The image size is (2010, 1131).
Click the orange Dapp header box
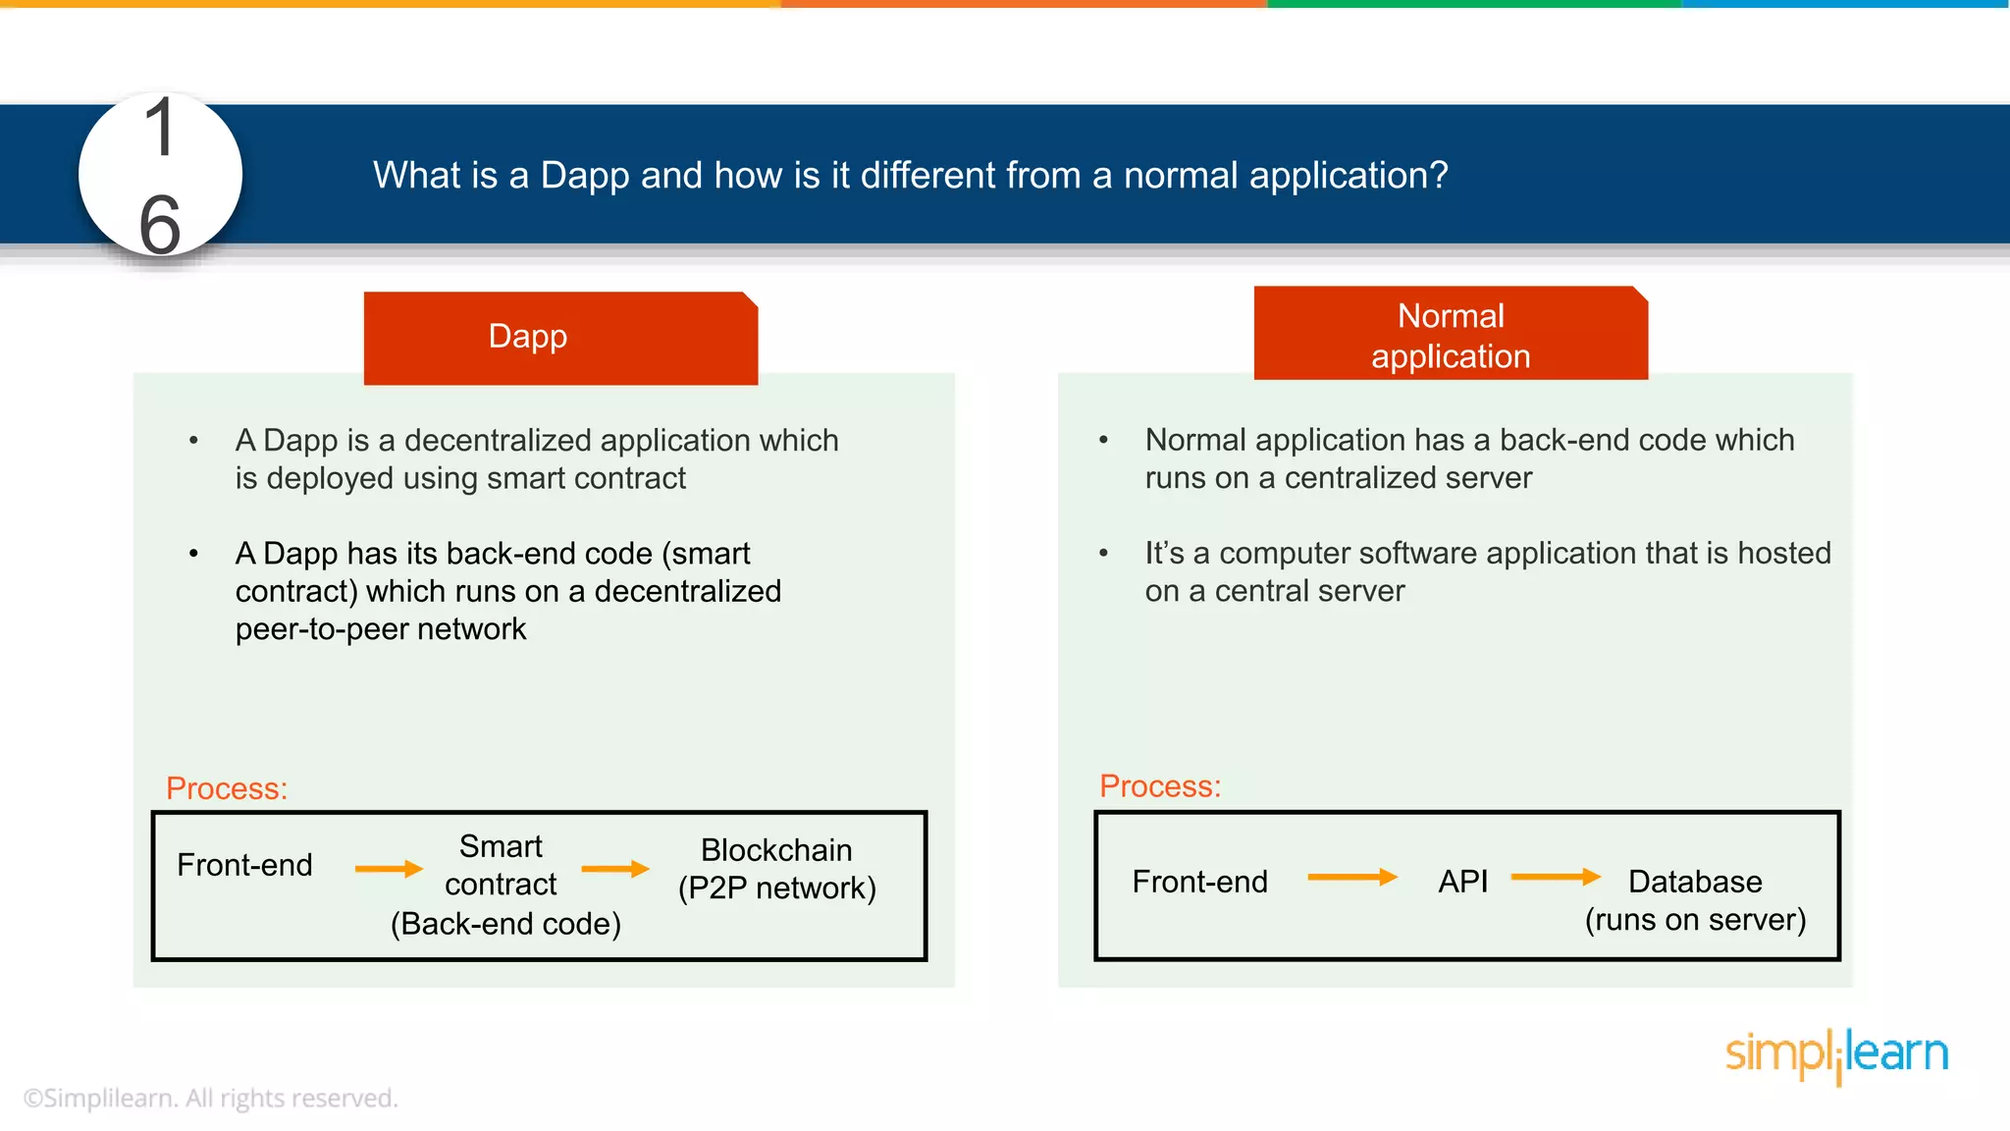(x=560, y=337)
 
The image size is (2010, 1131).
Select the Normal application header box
(x=1451, y=335)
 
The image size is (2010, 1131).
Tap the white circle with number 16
(x=160, y=176)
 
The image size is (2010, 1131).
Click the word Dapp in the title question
(x=584, y=176)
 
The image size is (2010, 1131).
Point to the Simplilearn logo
(x=1836, y=1054)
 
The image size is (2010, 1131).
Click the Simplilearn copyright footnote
(x=210, y=1098)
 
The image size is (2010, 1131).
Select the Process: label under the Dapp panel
(x=227, y=788)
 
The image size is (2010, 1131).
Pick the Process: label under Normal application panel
(x=1160, y=786)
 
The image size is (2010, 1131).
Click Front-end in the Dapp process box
(x=244, y=865)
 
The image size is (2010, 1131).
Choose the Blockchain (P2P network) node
(x=776, y=869)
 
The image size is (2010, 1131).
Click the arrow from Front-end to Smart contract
(x=389, y=869)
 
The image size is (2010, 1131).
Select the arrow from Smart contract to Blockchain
(x=615, y=869)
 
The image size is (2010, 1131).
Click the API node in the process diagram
(x=1462, y=882)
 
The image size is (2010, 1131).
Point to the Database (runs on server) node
(x=1695, y=900)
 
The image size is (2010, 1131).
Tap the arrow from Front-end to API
(x=1352, y=877)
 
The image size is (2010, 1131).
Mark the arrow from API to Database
(x=1556, y=877)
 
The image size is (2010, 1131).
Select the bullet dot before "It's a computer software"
(x=1104, y=554)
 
